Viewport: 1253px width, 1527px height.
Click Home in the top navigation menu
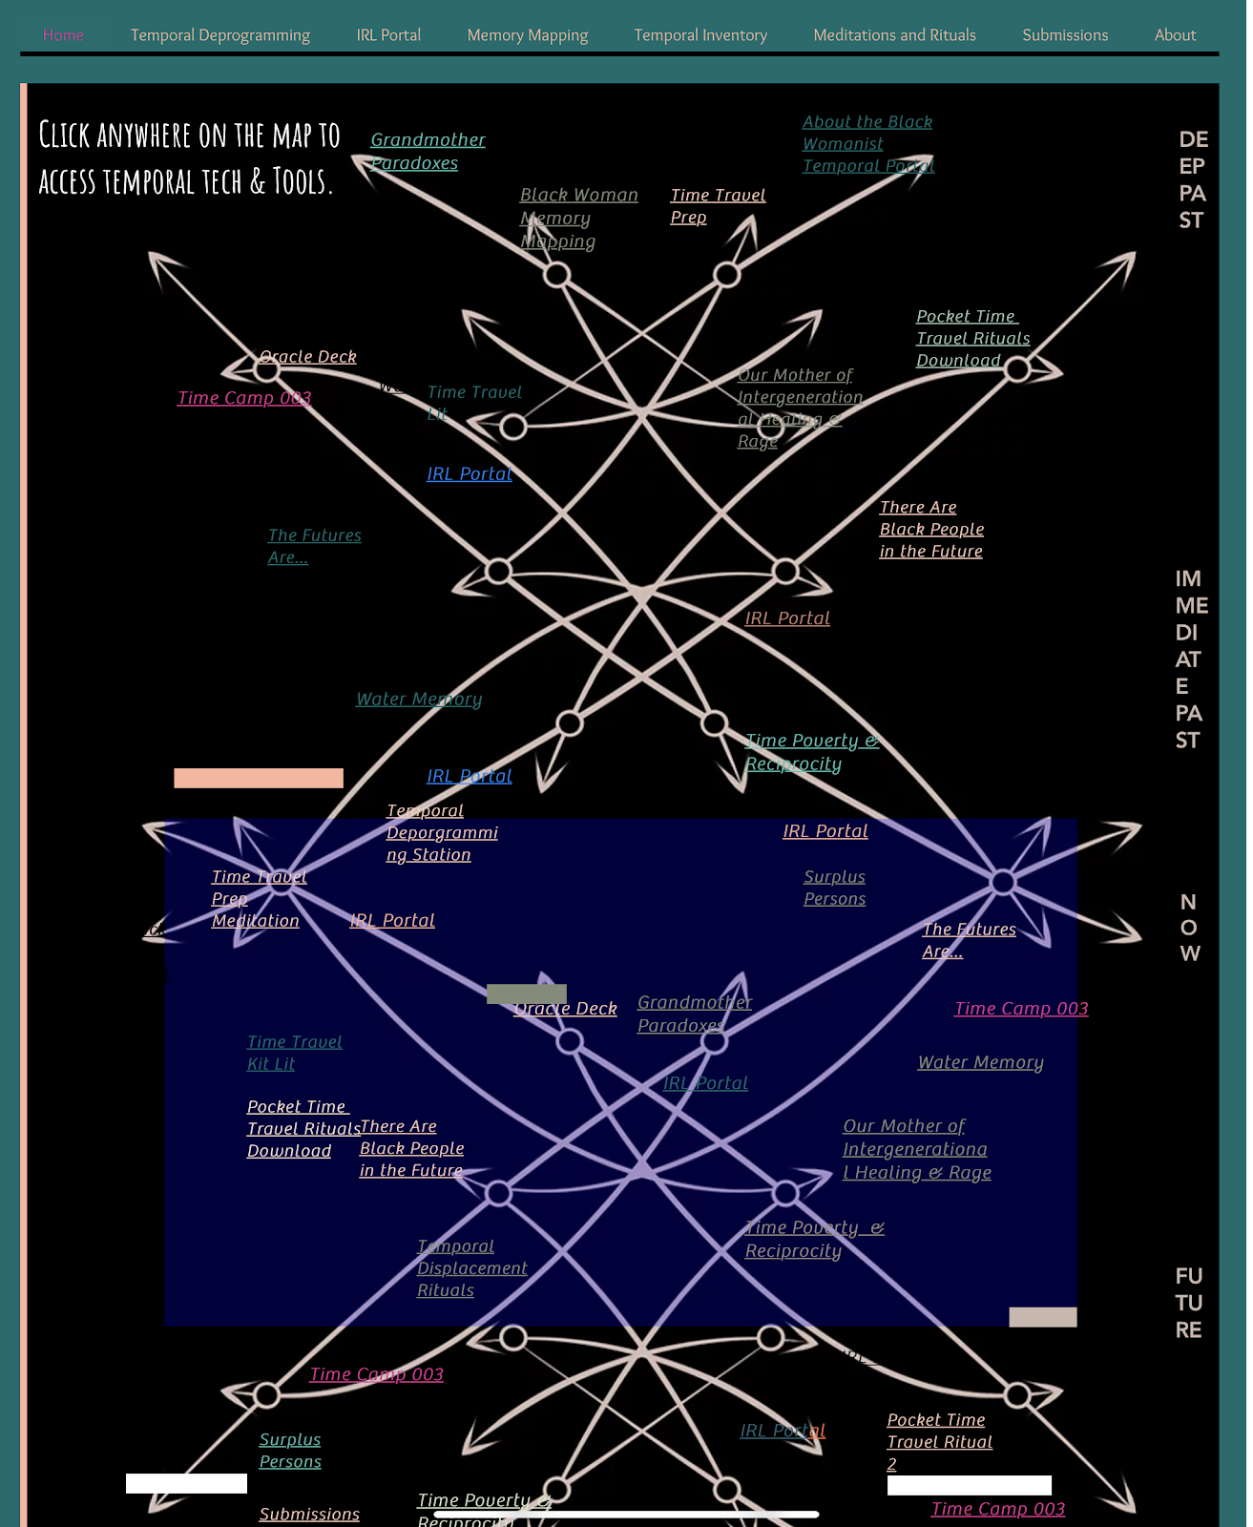point(63,35)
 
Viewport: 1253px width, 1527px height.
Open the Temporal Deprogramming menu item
point(219,35)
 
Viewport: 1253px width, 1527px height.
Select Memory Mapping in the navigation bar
point(527,35)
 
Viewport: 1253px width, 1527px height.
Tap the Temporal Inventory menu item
point(700,35)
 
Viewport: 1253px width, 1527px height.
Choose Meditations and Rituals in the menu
point(894,35)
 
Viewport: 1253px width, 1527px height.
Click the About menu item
point(1174,35)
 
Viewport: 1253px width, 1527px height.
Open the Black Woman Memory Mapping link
point(577,219)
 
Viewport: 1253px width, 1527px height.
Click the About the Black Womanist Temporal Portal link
point(867,144)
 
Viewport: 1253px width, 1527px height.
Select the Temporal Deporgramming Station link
point(441,832)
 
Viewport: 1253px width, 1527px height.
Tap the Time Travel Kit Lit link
point(294,1053)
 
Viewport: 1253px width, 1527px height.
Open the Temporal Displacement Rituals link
point(471,1268)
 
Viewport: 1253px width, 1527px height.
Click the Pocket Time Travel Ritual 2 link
point(939,1441)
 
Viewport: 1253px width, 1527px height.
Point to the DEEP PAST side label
point(1192,180)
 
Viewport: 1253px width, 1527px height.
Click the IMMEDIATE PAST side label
point(1190,659)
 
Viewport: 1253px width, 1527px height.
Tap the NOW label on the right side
point(1188,928)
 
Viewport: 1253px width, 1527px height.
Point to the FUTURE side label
point(1188,1303)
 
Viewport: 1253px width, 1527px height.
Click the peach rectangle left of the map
point(258,778)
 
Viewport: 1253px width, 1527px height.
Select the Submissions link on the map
point(309,1514)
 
